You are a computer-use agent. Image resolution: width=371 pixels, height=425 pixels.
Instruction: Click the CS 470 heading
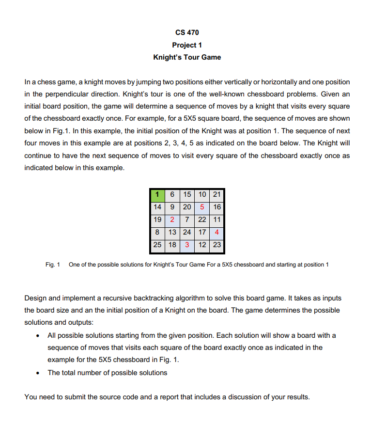186,32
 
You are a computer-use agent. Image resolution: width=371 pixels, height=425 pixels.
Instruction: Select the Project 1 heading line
186,45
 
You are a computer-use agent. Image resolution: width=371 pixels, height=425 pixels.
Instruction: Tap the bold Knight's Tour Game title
186,57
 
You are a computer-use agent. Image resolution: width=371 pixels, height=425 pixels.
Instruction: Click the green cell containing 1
156,194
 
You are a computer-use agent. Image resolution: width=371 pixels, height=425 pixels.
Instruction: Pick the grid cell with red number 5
201,207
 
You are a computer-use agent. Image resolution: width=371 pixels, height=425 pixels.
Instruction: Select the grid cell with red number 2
172,220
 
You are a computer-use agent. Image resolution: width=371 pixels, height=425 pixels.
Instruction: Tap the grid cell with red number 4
216,232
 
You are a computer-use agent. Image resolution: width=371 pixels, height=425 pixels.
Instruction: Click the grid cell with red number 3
187,245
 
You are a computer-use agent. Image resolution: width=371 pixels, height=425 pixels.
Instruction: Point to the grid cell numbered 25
157,245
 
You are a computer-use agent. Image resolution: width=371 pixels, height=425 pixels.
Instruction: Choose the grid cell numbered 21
216,194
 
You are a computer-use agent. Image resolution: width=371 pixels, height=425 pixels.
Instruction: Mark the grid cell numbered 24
187,232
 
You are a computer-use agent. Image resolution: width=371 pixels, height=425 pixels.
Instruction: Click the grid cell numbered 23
216,245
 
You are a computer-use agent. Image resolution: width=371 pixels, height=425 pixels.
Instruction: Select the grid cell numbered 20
187,207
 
